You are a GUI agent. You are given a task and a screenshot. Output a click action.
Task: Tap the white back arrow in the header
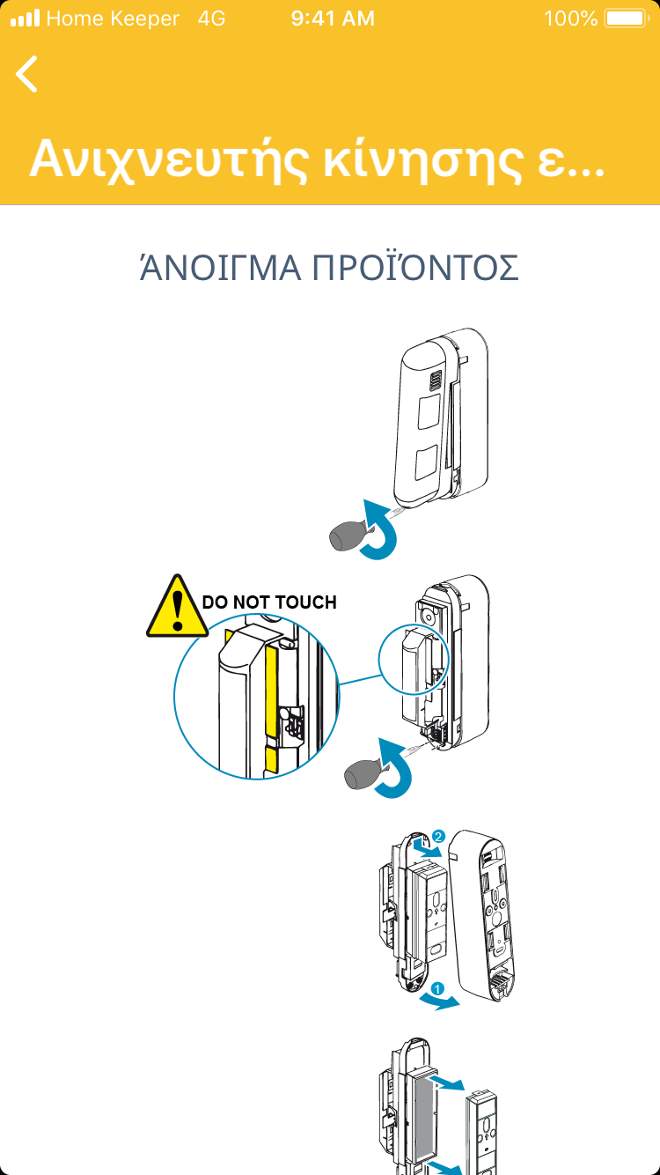27,74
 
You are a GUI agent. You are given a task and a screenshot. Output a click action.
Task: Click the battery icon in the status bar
626,18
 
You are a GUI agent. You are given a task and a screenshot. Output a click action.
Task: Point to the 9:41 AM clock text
332,18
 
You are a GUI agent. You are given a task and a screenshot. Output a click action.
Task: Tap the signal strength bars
25,18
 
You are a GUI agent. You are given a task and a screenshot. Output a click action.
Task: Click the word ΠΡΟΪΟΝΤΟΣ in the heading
416,268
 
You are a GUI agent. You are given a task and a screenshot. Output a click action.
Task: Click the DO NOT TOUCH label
269,602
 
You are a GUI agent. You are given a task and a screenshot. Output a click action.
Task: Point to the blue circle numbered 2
439,834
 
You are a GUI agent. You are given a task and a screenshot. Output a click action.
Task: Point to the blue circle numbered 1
438,988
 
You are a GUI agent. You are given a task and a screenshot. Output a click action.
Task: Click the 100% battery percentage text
570,18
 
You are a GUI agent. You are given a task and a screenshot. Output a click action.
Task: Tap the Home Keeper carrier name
112,18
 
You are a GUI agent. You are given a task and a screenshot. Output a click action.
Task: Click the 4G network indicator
212,18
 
